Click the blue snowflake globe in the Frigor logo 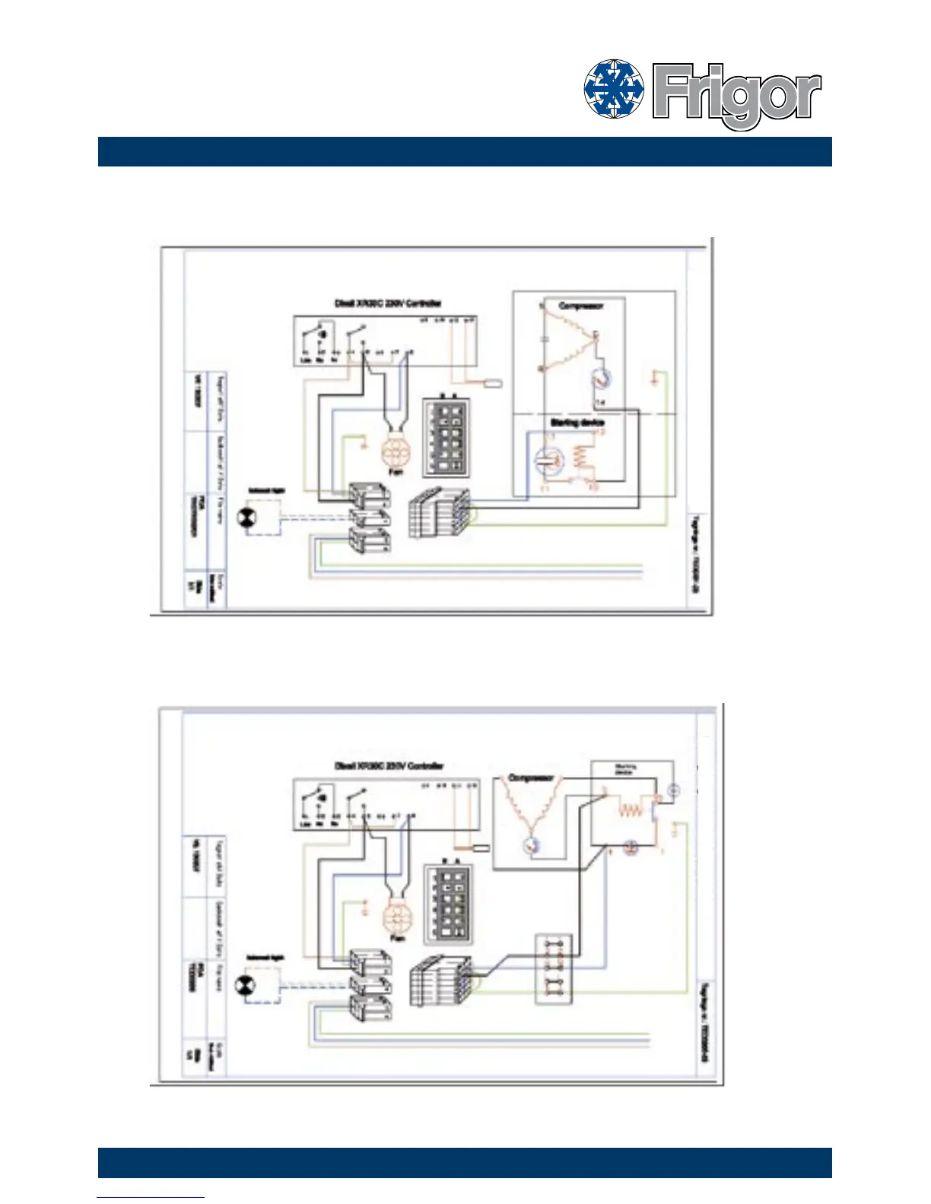tap(614, 90)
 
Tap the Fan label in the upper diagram tap(395, 472)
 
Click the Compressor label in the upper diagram tap(581, 306)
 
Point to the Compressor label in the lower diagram tap(530, 778)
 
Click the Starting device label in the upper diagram tap(577, 422)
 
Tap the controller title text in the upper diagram tap(388, 303)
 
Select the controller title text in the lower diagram tap(389, 766)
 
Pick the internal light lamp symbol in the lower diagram tap(248, 986)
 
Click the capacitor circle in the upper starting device tap(547, 458)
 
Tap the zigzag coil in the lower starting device tap(630, 810)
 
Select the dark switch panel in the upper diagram tap(448, 436)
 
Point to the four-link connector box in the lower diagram tap(553, 968)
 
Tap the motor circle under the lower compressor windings tap(531, 845)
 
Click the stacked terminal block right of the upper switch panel tap(440, 514)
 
